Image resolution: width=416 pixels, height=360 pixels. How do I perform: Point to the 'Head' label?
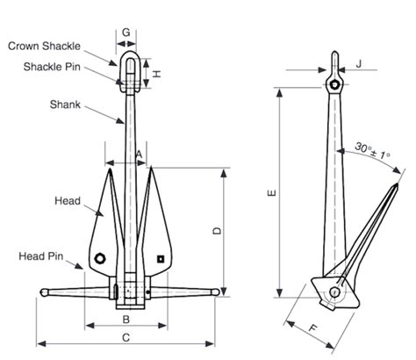(68, 200)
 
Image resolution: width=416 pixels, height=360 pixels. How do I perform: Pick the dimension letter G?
(126, 32)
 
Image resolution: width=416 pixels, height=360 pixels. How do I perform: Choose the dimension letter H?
(157, 75)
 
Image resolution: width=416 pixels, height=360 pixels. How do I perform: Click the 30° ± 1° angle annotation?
(373, 150)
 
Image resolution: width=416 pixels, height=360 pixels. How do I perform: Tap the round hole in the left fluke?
(101, 258)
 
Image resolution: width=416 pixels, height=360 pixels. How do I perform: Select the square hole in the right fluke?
(161, 258)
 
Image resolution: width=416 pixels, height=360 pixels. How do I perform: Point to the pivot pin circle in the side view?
(336, 292)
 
